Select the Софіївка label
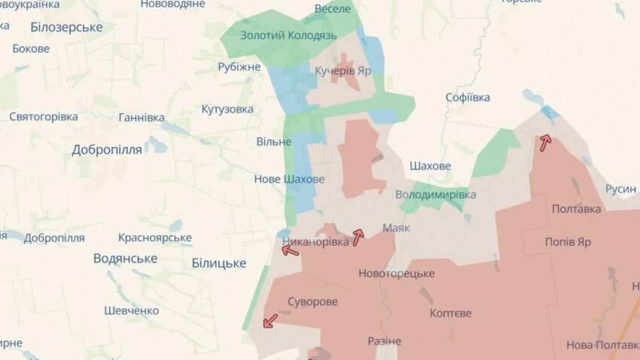coord(468,98)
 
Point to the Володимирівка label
coord(436,194)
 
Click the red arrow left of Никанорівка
coord(290,249)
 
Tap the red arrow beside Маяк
coord(358,236)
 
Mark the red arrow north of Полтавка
coord(544,140)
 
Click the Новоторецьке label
coord(397,273)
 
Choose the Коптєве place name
coord(450,313)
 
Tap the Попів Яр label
coord(568,243)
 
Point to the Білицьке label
coord(219,263)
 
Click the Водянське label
coord(125,258)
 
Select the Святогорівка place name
coord(44,117)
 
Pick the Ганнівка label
coord(142,117)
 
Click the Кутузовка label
coord(227,109)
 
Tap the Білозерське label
coord(67,27)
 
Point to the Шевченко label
coord(132,310)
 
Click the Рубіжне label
coord(239,67)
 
